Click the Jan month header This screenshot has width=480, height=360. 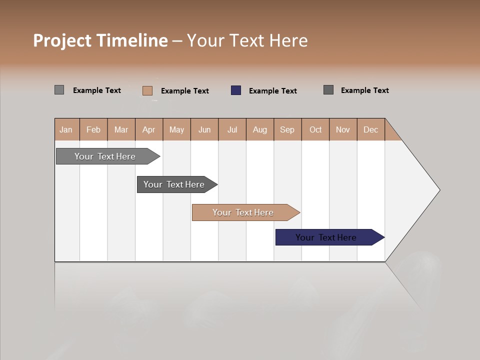click(66, 129)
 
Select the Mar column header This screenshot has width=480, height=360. click(121, 129)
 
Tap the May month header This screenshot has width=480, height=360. click(176, 129)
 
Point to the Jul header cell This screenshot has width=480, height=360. click(232, 129)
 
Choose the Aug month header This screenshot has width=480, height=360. click(259, 129)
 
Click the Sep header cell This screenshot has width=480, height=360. click(287, 129)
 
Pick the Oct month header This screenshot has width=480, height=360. click(315, 129)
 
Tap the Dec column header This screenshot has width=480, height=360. click(370, 129)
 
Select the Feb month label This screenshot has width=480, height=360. click(93, 129)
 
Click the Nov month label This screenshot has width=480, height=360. click(342, 129)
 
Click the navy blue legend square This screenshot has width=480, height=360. click(236, 90)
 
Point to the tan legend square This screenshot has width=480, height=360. click(147, 90)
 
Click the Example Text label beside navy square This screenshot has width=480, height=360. click(272, 91)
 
